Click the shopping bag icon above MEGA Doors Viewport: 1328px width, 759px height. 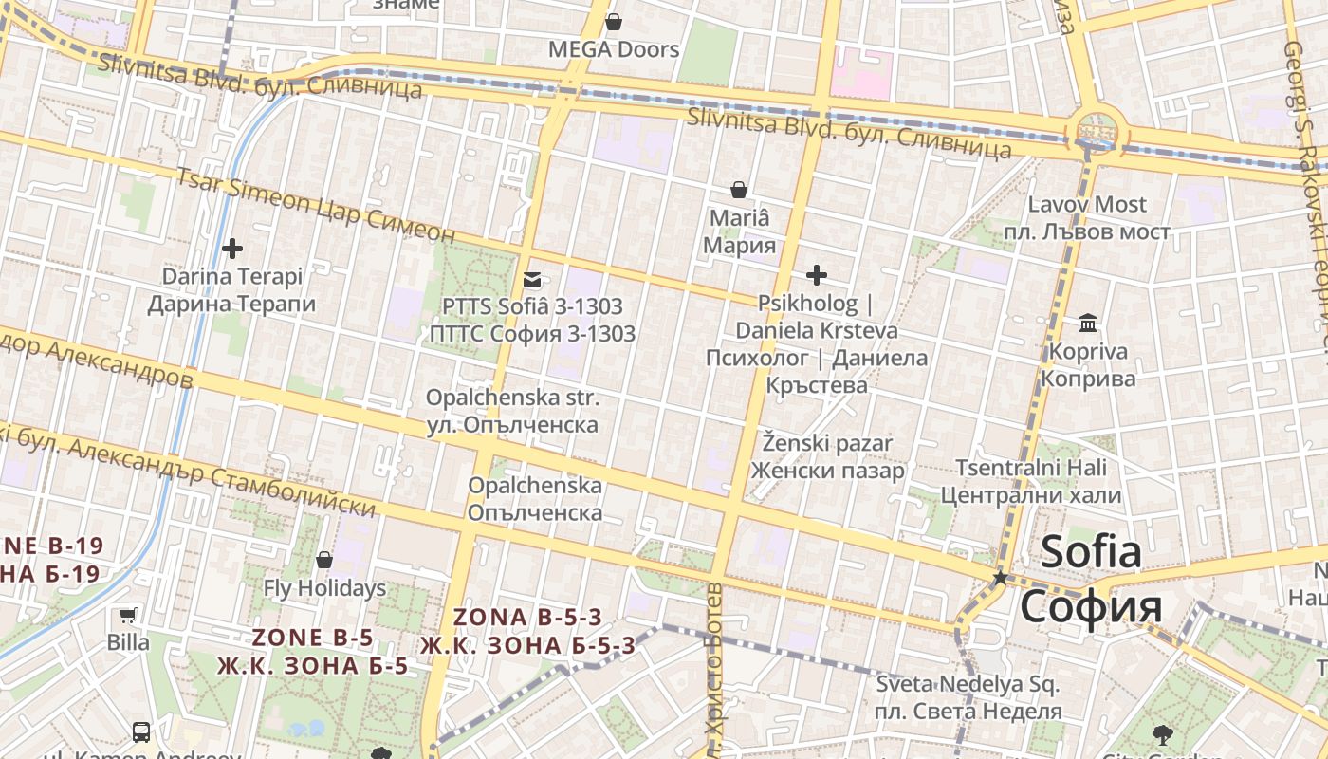tap(614, 22)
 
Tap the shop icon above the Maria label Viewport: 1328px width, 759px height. tap(739, 191)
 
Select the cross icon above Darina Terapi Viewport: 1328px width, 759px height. tap(231, 249)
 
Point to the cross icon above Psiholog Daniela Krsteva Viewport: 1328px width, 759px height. tap(816, 275)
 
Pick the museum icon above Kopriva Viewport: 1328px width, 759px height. tap(1088, 324)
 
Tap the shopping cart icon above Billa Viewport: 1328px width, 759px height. tap(127, 615)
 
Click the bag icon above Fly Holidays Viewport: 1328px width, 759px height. tap(324, 560)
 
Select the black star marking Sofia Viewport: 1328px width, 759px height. tap(999, 577)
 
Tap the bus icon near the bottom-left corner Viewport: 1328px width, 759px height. tap(140, 732)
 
